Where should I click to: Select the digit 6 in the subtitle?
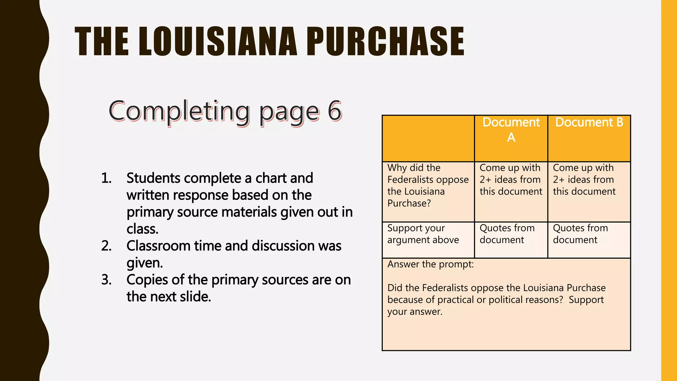(334, 111)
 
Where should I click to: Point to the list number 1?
(106, 178)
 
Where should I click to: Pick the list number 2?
(106, 246)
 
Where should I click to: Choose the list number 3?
(106, 280)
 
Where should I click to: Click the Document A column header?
(511, 130)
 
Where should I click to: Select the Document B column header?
(589, 122)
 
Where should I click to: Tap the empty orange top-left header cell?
(428, 138)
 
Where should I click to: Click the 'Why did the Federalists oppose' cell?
(428, 186)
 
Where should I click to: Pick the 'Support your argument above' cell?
(423, 234)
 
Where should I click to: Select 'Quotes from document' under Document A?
(507, 234)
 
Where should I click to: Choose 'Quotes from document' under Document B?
(580, 234)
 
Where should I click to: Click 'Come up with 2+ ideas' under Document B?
(584, 180)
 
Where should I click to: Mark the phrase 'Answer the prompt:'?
(430, 265)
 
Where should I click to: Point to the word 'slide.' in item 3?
(195, 297)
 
